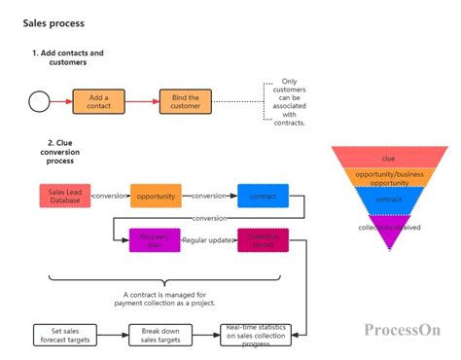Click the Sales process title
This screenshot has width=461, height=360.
tap(53, 22)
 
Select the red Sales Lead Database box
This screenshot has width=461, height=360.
tap(64, 196)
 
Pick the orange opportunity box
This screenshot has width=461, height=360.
tap(156, 196)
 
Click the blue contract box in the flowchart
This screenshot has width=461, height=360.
tap(263, 196)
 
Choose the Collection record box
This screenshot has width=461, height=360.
tap(263, 238)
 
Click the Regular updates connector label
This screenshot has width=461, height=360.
tap(208, 238)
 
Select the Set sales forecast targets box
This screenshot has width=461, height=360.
tap(63, 335)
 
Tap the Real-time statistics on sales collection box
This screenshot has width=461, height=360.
tap(258, 335)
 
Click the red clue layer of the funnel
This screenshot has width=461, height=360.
tap(389, 157)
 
